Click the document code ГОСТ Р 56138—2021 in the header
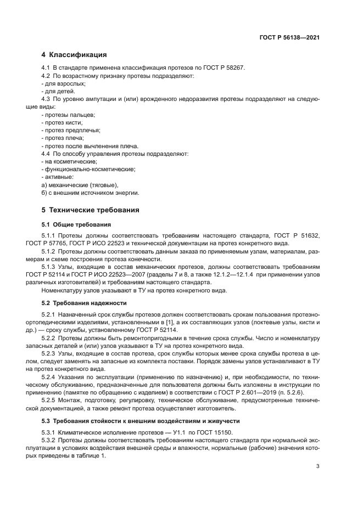tap(289, 38)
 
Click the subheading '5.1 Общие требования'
tap(76, 224)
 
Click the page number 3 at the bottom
tap(318, 467)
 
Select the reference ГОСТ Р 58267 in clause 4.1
tap(224, 67)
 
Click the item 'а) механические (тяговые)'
tap(80, 185)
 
